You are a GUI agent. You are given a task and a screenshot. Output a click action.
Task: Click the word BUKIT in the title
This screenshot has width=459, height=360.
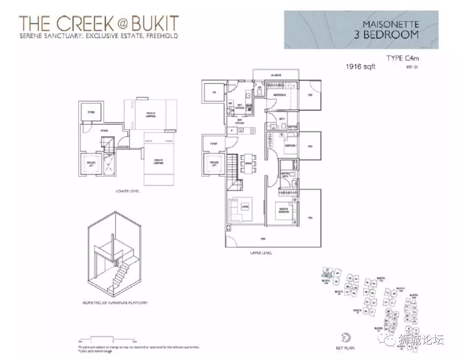click(x=156, y=23)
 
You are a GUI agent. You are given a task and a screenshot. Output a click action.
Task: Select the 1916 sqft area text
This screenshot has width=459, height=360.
click(x=360, y=67)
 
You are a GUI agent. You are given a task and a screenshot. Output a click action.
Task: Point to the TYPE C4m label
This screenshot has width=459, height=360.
click(x=402, y=58)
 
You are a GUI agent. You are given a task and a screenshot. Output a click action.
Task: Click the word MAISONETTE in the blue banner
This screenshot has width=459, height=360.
click(x=391, y=25)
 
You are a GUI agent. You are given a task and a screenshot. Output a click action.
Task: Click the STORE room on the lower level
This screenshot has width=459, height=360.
click(x=91, y=112)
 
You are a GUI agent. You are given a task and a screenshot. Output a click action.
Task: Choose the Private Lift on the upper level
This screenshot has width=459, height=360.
click(x=214, y=164)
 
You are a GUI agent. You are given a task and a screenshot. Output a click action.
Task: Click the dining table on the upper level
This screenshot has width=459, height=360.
click(x=248, y=163)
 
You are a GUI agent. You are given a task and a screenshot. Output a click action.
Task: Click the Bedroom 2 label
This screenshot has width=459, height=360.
click(x=280, y=95)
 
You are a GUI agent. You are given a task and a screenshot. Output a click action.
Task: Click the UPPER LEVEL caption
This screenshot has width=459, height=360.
click(x=261, y=253)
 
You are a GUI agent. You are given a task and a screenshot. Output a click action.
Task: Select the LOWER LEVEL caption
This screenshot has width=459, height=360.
click(x=127, y=191)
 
